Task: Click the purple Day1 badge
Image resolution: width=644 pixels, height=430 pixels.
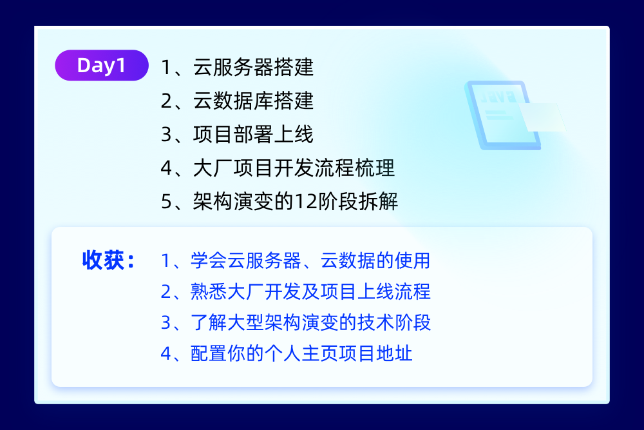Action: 101,66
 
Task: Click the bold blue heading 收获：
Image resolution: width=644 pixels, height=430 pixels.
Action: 108,260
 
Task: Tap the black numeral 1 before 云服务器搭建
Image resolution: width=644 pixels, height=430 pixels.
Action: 166,68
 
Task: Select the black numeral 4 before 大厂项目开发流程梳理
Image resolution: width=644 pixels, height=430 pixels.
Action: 166,169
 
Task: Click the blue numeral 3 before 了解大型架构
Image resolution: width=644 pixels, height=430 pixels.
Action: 166,323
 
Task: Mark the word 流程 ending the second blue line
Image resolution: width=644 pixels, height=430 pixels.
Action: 414,291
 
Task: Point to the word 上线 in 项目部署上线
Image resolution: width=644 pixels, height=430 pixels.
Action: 297,135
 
